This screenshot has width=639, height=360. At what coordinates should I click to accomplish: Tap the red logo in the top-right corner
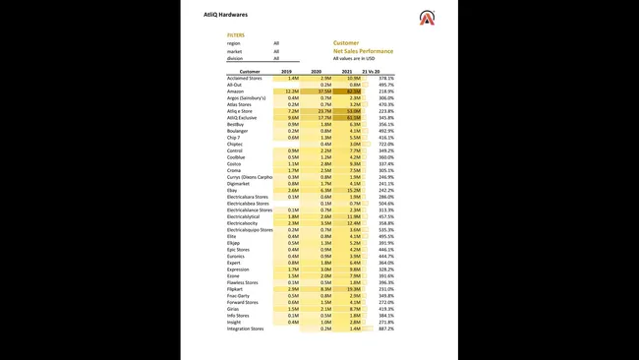point(427,17)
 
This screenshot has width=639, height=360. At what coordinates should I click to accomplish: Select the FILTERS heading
point(236,34)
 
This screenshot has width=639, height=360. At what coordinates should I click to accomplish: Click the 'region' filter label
point(233,43)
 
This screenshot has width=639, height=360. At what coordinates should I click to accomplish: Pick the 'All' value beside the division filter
point(276,58)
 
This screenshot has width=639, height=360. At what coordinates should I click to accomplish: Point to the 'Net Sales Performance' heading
point(363,50)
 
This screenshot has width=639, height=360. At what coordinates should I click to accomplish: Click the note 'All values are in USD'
point(354,58)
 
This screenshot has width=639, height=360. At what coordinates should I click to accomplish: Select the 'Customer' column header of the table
point(250,72)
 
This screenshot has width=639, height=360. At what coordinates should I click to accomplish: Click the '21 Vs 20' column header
point(372,72)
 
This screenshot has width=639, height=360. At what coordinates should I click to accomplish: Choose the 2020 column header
point(317,72)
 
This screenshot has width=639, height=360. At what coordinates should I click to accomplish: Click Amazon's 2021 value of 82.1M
point(353,91)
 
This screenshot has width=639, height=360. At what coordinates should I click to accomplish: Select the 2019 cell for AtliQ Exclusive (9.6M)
point(293,118)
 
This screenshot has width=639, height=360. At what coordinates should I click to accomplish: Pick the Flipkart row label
point(236,288)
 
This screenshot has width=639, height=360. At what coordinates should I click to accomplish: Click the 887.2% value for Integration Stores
point(385,329)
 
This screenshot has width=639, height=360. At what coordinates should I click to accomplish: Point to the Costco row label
point(235,164)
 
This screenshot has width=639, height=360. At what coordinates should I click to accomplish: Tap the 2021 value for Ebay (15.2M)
point(353,191)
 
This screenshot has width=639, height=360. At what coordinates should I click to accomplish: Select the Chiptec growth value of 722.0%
point(385,145)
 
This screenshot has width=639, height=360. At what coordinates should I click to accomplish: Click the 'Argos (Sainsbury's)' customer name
point(250,98)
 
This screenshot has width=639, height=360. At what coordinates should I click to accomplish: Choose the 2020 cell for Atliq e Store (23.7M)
point(323,111)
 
